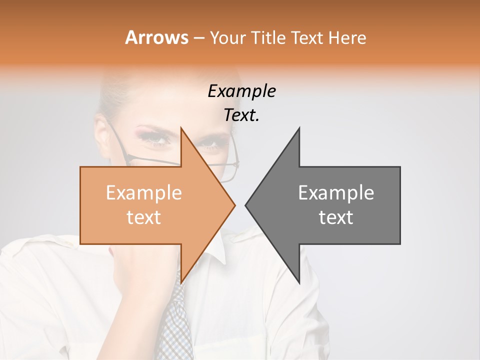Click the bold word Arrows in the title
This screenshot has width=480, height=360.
click(156, 37)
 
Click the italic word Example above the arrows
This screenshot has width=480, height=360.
click(241, 91)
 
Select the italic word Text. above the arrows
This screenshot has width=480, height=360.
click(241, 115)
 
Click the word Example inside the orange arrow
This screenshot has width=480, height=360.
click(144, 192)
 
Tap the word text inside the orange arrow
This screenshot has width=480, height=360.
click(144, 217)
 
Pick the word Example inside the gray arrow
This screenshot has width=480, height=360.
click(336, 192)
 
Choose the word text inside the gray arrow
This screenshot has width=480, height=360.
click(336, 217)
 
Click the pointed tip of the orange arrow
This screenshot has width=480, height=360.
click(234, 205)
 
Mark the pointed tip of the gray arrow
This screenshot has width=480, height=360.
click(245, 205)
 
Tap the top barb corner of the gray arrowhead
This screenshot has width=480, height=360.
click(299, 128)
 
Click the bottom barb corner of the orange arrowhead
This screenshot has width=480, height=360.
click(181, 283)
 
